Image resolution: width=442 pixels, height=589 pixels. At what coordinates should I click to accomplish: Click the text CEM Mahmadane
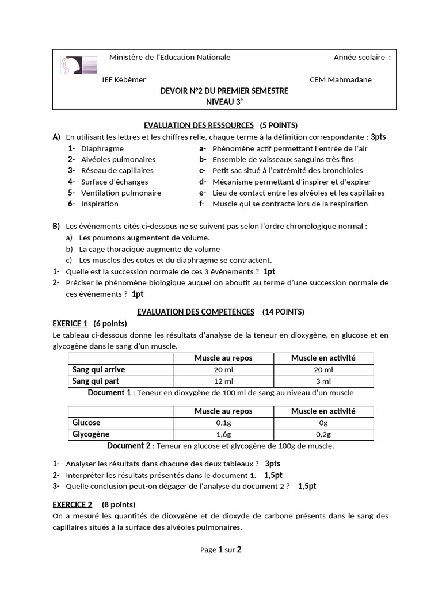point(340,80)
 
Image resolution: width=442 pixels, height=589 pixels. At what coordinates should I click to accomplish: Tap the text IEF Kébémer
point(124,80)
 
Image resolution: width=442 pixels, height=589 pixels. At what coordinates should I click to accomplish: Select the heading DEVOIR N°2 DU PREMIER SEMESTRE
point(224,91)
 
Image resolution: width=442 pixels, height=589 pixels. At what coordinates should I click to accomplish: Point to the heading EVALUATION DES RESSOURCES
point(198,125)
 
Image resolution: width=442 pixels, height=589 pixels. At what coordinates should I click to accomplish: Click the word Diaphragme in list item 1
point(102,148)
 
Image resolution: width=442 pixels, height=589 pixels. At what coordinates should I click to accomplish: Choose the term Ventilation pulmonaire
point(121,193)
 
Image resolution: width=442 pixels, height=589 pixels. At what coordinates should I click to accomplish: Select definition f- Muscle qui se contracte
point(289,204)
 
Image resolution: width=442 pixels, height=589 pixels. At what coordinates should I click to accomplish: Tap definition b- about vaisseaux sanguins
point(283,159)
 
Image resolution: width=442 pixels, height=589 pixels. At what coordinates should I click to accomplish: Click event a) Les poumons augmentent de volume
point(144,237)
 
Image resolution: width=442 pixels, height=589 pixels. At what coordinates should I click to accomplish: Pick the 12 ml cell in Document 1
point(223,381)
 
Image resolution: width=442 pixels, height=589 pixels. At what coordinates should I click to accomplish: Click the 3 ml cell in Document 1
point(323,381)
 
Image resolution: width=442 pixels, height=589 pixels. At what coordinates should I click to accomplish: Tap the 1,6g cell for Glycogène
point(223,434)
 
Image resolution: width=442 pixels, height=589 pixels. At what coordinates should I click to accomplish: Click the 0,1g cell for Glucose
point(223,423)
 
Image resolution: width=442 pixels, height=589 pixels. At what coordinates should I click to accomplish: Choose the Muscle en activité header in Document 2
point(323,411)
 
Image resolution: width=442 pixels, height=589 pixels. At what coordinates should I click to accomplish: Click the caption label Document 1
point(109,393)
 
